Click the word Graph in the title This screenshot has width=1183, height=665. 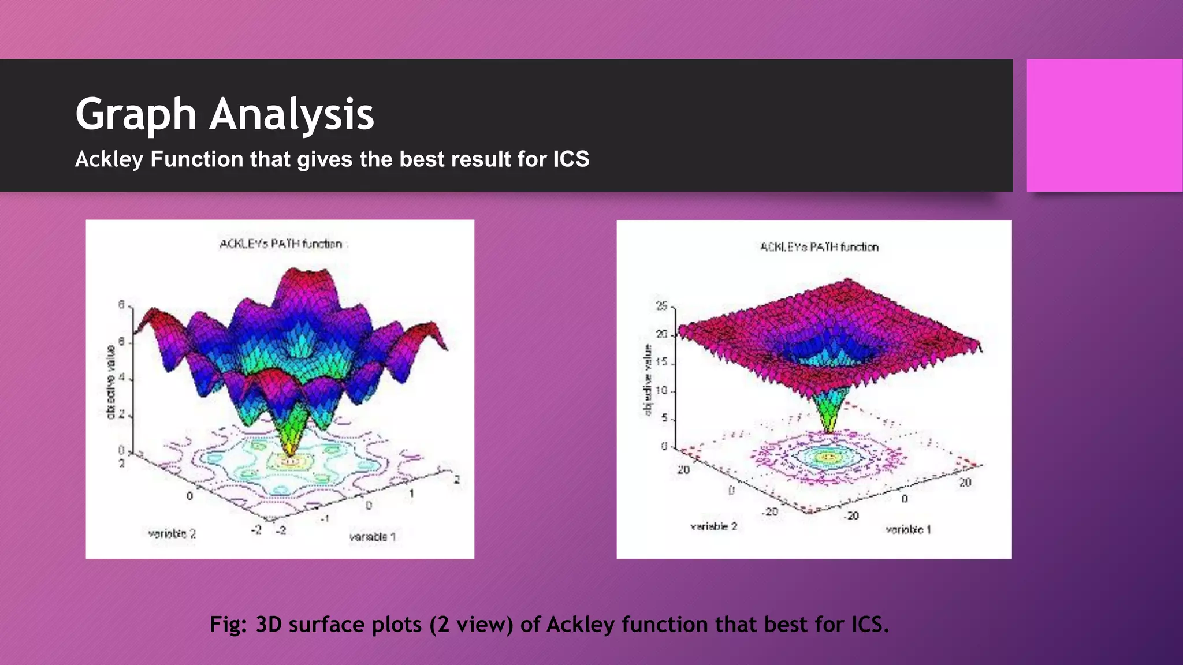136,114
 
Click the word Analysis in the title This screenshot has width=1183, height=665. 292,114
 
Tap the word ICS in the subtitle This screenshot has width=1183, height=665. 571,159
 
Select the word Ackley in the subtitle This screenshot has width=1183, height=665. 109,159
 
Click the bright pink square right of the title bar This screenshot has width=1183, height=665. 1104,125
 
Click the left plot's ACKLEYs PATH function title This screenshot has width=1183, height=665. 281,244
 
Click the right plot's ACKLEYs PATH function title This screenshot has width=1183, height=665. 819,247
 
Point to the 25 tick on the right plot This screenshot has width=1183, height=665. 662,306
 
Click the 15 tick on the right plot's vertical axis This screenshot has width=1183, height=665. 662,362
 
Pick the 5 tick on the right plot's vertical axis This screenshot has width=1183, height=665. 664,417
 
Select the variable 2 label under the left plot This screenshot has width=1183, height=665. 172,534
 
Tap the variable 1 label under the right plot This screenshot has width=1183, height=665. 908,529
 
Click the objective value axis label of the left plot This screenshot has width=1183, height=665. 110,382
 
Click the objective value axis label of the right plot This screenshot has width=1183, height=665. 648,379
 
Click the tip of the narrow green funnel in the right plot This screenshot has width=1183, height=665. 829,430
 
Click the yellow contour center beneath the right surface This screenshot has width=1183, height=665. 829,457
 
